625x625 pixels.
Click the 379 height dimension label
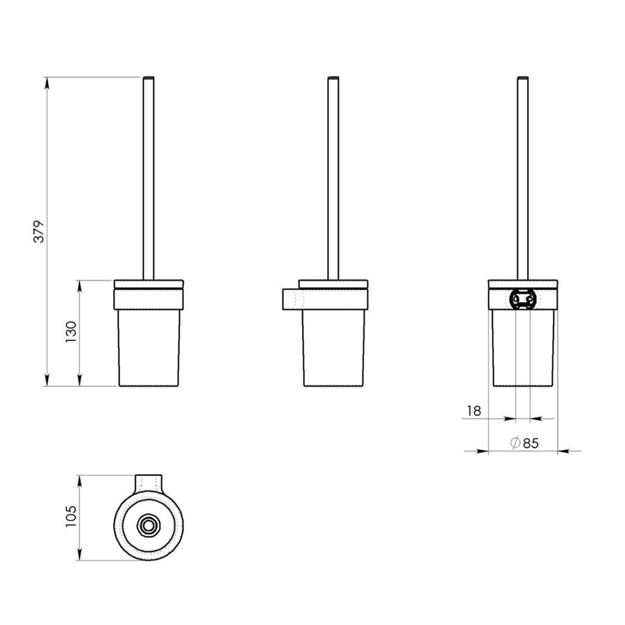40,231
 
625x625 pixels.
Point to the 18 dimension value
474,410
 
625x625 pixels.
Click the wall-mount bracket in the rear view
523,299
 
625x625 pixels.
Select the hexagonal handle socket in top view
148,526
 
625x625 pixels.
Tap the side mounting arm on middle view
292,299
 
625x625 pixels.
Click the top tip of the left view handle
149,74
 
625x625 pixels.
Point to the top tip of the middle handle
332,74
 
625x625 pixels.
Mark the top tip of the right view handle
523,74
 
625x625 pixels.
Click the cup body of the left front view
149,347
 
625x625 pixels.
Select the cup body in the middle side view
332,347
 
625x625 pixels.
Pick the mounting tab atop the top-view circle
148,481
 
